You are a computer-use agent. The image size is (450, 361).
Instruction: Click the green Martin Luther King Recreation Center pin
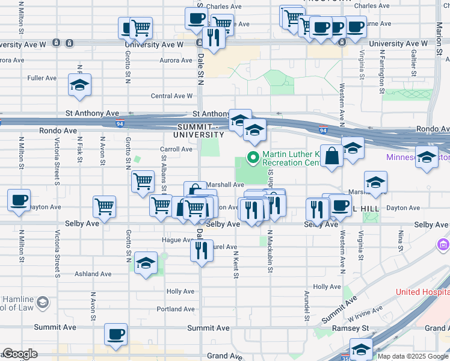point(253,159)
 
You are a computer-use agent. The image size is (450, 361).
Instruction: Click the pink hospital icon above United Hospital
point(443,245)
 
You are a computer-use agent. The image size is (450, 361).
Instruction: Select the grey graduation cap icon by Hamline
point(43,301)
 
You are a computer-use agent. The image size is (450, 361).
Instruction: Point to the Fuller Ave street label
point(42,78)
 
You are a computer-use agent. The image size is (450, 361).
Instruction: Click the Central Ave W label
point(171,96)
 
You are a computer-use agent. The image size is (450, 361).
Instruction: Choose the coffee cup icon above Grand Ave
point(116,334)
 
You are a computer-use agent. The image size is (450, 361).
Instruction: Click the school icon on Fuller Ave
point(79,85)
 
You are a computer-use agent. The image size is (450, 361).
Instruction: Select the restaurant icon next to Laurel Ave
point(202,249)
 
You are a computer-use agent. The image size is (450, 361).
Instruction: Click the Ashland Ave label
point(93,274)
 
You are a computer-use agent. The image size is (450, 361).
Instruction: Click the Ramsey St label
point(351,328)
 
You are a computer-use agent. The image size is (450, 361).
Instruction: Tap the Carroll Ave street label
point(176,149)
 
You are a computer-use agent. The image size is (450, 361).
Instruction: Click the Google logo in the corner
point(20,354)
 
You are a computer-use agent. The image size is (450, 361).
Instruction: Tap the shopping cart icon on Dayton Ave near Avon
point(105,207)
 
